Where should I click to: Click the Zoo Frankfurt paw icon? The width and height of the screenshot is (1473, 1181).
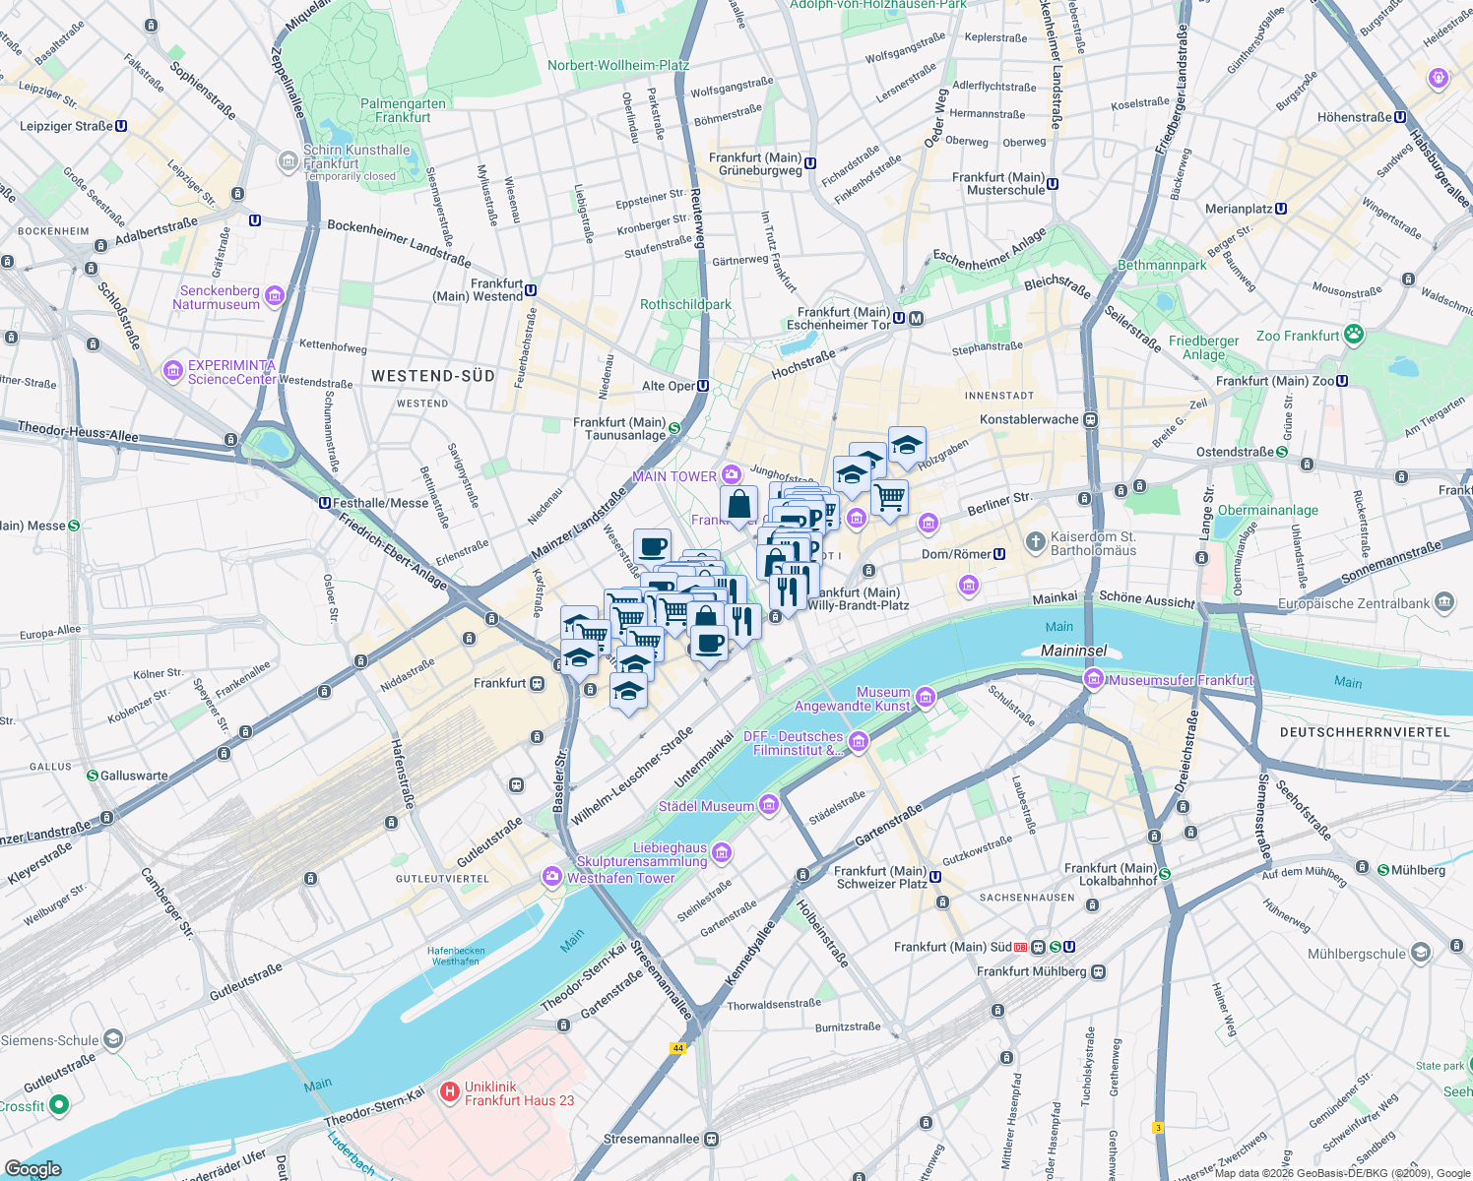tap(1354, 335)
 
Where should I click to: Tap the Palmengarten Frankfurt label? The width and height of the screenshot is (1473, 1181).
tap(403, 110)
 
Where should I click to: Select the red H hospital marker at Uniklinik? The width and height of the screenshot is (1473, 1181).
tap(449, 1091)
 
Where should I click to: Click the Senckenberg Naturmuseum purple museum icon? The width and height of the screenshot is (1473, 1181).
tap(275, 295)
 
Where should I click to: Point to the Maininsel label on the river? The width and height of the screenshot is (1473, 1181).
tap(1074, 651)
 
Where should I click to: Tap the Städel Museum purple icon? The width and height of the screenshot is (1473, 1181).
tap(769, 805)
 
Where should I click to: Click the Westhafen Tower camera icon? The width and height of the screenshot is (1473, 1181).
tap(552, 876)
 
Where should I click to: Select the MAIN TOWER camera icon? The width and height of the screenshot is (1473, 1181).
tap(731, 475)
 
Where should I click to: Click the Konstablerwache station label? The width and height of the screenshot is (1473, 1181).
tap(1029, 419)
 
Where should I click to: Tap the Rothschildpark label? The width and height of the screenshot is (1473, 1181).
tap(685, 304)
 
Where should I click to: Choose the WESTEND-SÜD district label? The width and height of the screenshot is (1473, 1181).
tap(432, 376)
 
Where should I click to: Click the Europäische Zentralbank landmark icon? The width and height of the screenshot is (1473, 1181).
tap(1444, 601)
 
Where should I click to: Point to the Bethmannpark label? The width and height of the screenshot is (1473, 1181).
tap(1162, 265)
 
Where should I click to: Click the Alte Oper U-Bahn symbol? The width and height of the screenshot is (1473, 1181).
tap(703, 386)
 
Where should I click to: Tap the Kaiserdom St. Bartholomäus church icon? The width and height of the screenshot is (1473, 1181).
tap(1035, 541)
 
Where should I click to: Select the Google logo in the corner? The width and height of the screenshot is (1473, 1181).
tap(32, 1169)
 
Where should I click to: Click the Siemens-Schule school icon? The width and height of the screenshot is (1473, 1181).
tap(113, 1039)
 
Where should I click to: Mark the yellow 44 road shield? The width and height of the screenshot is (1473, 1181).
tap(677, 1048)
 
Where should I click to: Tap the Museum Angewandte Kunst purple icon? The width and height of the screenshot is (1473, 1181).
tap(925, 698)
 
